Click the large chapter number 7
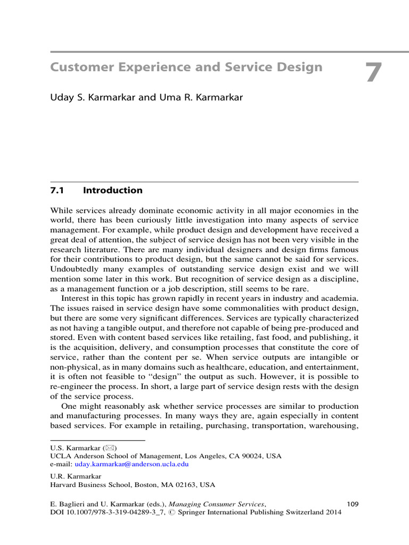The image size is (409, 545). point(373,73)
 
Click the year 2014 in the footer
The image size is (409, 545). point(331,512)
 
